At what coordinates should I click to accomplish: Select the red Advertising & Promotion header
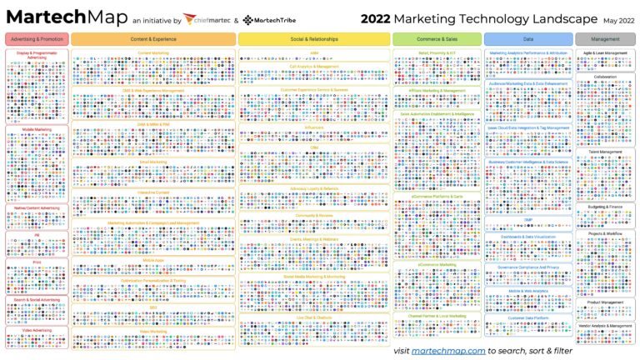(36, 39)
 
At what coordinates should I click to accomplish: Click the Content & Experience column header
(153, 39)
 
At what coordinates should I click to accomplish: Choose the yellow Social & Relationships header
(314, 39)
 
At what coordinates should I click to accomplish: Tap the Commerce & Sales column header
(437, 39)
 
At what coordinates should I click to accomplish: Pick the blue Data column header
(527, 39)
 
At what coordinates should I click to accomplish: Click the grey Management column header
(605, 39)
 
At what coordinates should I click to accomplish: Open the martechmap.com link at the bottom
(448, 351)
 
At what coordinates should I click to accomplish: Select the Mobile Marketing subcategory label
(36, 130)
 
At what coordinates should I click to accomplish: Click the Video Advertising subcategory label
(36, 330)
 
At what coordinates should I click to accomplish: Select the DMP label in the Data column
(527, 220)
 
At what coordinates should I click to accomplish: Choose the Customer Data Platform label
(527, 317)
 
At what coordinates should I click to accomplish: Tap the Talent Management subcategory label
(605, 152)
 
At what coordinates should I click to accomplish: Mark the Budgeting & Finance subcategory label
(605, 206)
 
